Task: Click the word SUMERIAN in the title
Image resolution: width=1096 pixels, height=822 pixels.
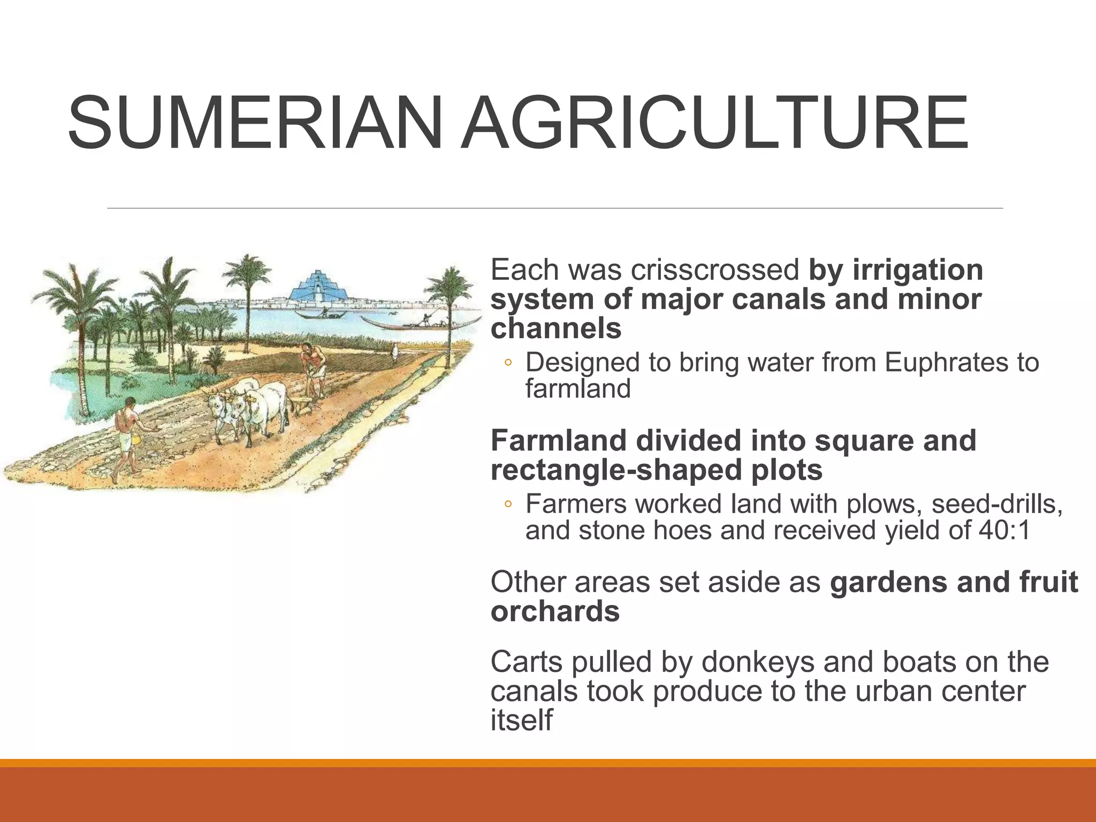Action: pyautogui.click(x=255, y=123)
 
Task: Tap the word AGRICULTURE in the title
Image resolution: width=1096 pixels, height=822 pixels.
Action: pyautogui.click(x=714, y=123)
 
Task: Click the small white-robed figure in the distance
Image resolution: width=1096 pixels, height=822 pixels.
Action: pyautogui.click(x=394, y=353)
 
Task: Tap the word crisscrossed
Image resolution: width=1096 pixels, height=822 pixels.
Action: pyautogui.click(x=714, y=270)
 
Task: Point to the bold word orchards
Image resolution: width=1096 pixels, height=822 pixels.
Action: pyautogui.click(x=555, y=611)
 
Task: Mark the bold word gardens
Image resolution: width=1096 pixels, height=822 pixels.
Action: pyautogui.click(x=889, y=582)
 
